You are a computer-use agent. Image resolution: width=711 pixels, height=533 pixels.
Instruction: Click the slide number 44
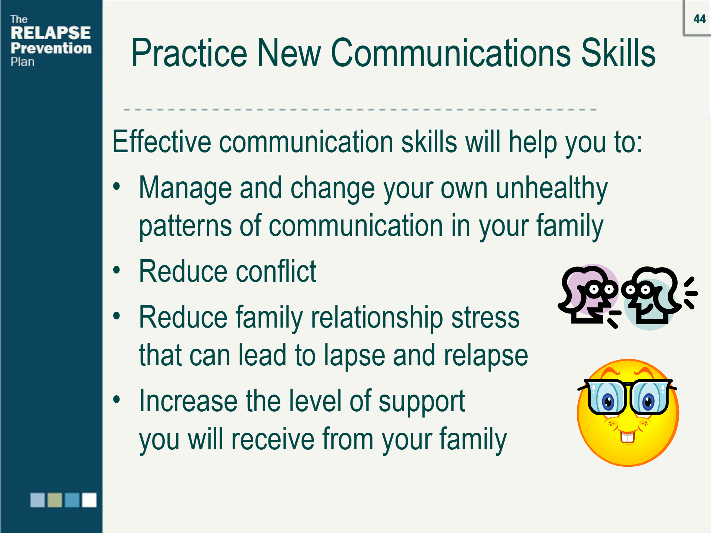700,19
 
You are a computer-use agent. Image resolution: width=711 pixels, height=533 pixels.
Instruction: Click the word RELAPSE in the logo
51,33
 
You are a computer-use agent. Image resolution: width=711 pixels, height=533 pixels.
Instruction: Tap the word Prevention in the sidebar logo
51,48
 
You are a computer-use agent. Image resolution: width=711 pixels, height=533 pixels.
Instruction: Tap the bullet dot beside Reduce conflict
117,270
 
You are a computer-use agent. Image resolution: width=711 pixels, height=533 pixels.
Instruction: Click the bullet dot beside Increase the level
117,399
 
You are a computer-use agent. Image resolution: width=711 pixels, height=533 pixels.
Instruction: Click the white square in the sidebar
89,500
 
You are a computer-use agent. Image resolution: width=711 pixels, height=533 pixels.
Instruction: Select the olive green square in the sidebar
55,500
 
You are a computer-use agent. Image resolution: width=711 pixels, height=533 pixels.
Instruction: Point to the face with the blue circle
652,298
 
